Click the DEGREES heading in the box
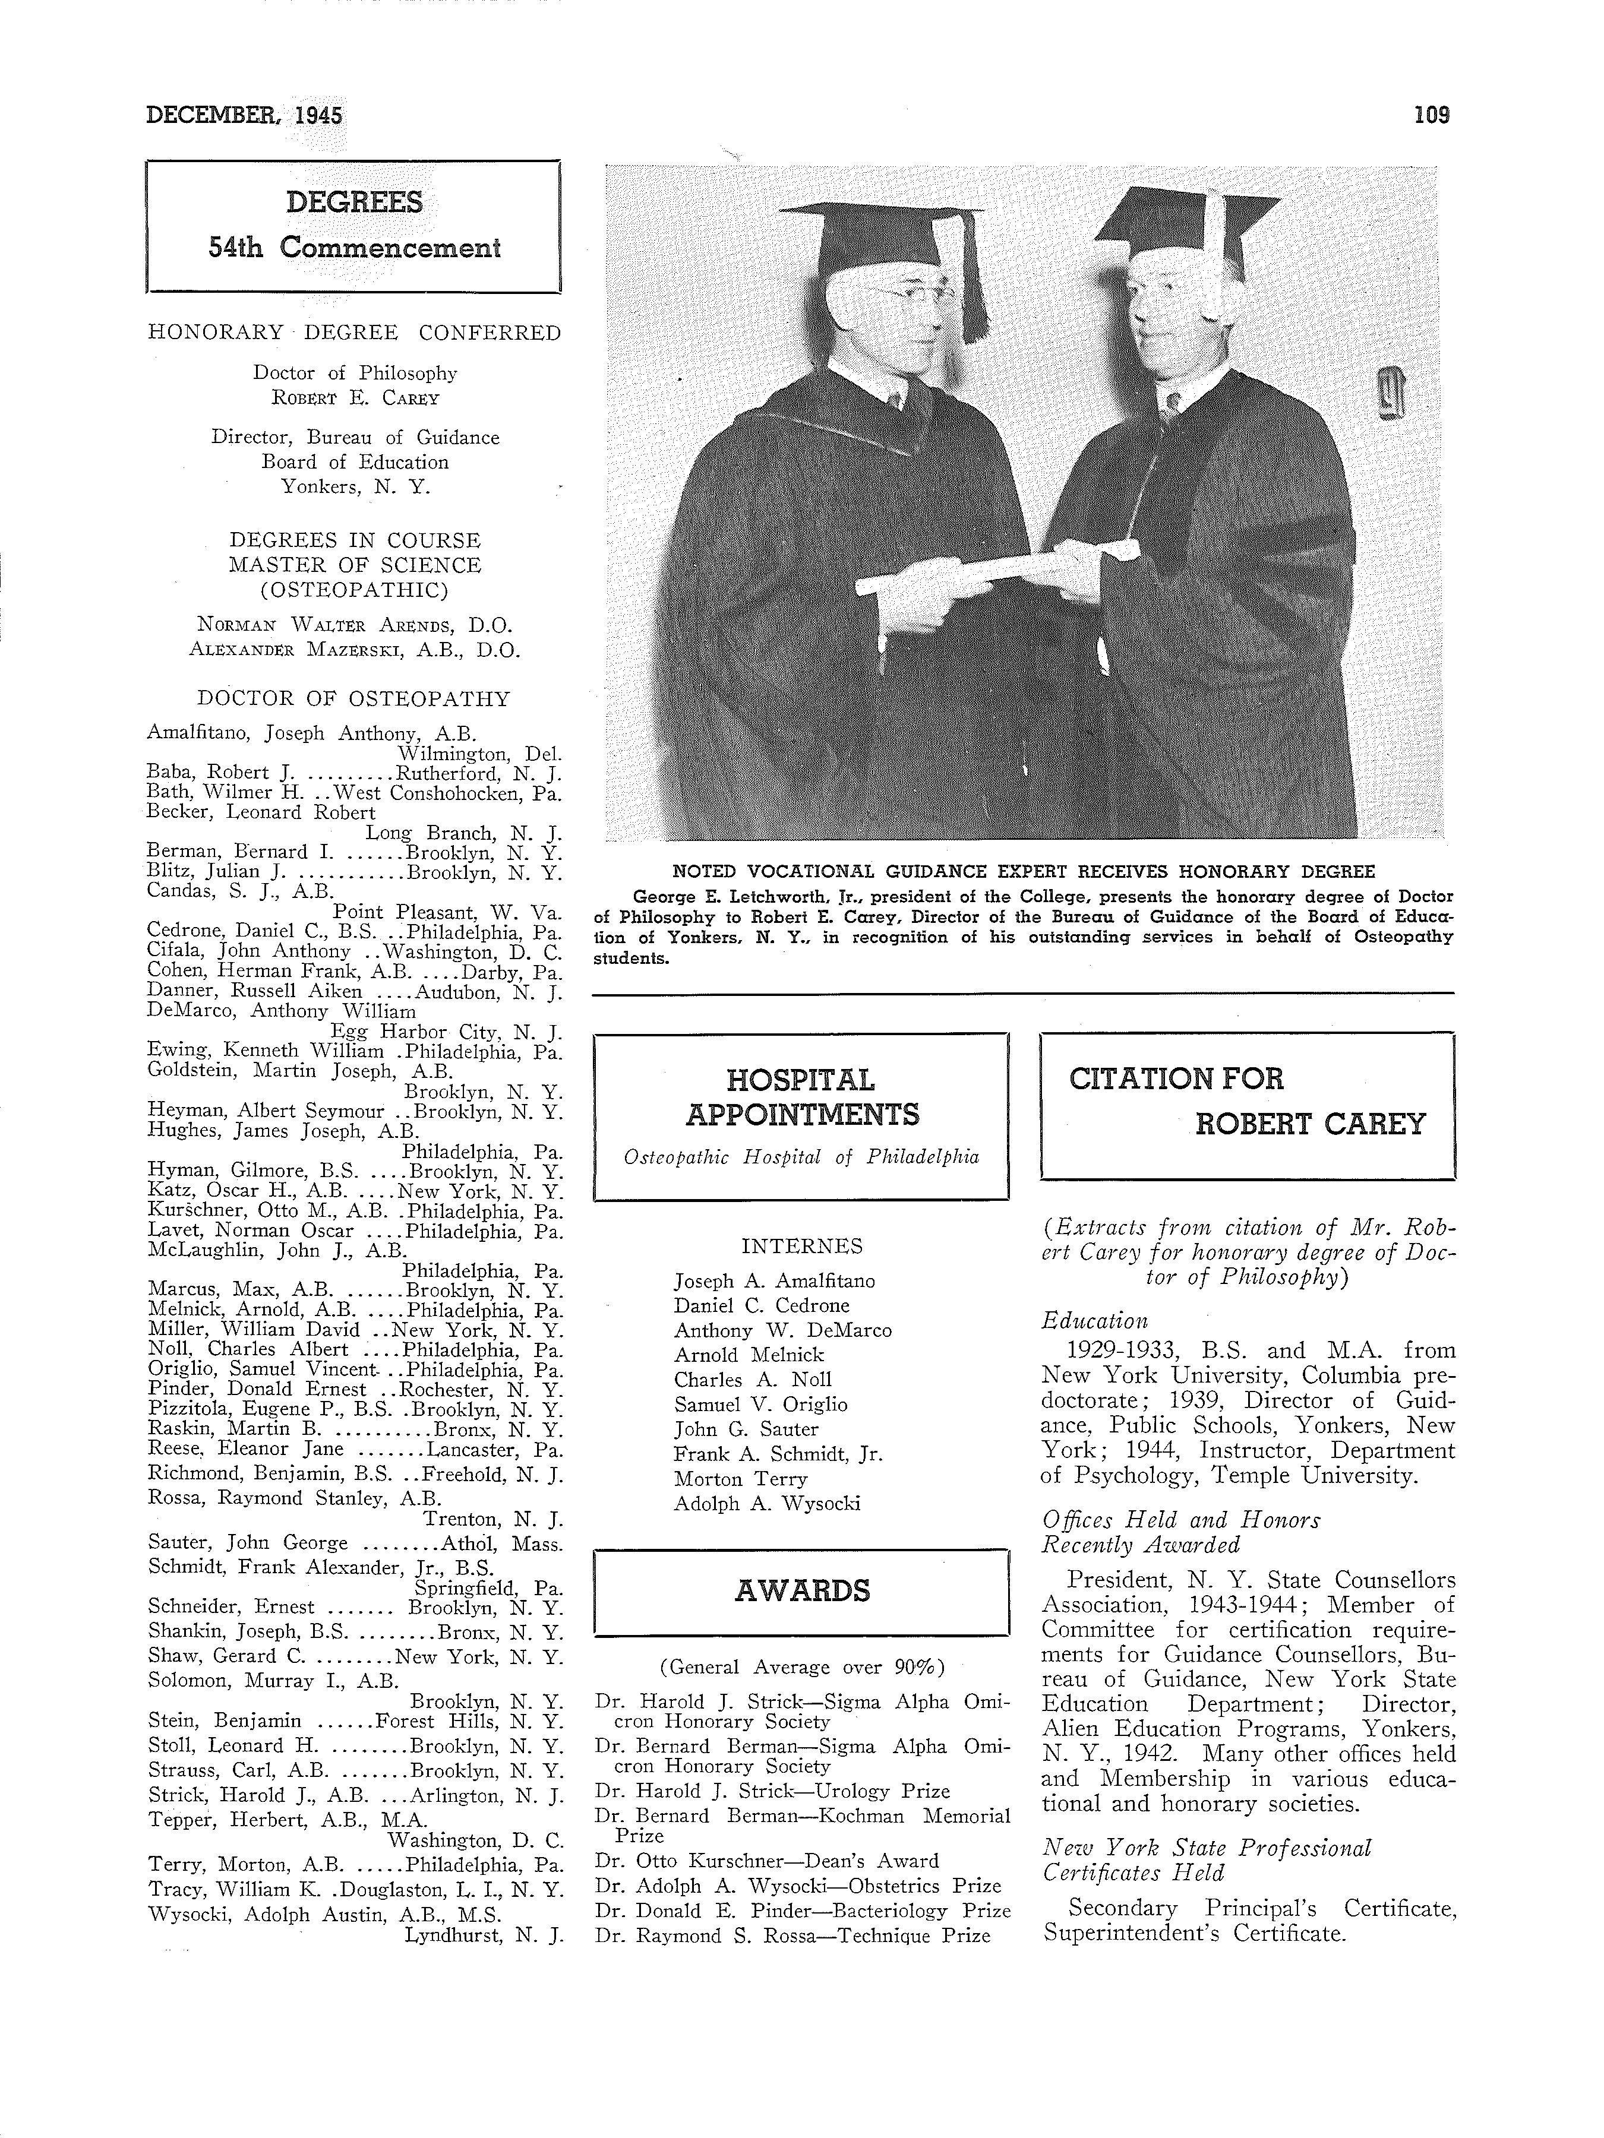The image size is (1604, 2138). (354, 203)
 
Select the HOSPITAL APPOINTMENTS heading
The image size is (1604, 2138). (801, 1097)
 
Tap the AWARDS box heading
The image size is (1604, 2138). (801, 1591)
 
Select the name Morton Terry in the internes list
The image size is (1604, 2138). (741, 1479)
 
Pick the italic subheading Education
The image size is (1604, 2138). (1094, 1321)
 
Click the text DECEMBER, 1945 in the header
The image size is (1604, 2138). (244, 115)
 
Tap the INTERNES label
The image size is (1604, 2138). (801, 1247)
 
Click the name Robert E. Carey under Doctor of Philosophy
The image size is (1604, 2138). (354, 397)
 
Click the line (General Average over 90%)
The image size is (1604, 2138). (801, 1666)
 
